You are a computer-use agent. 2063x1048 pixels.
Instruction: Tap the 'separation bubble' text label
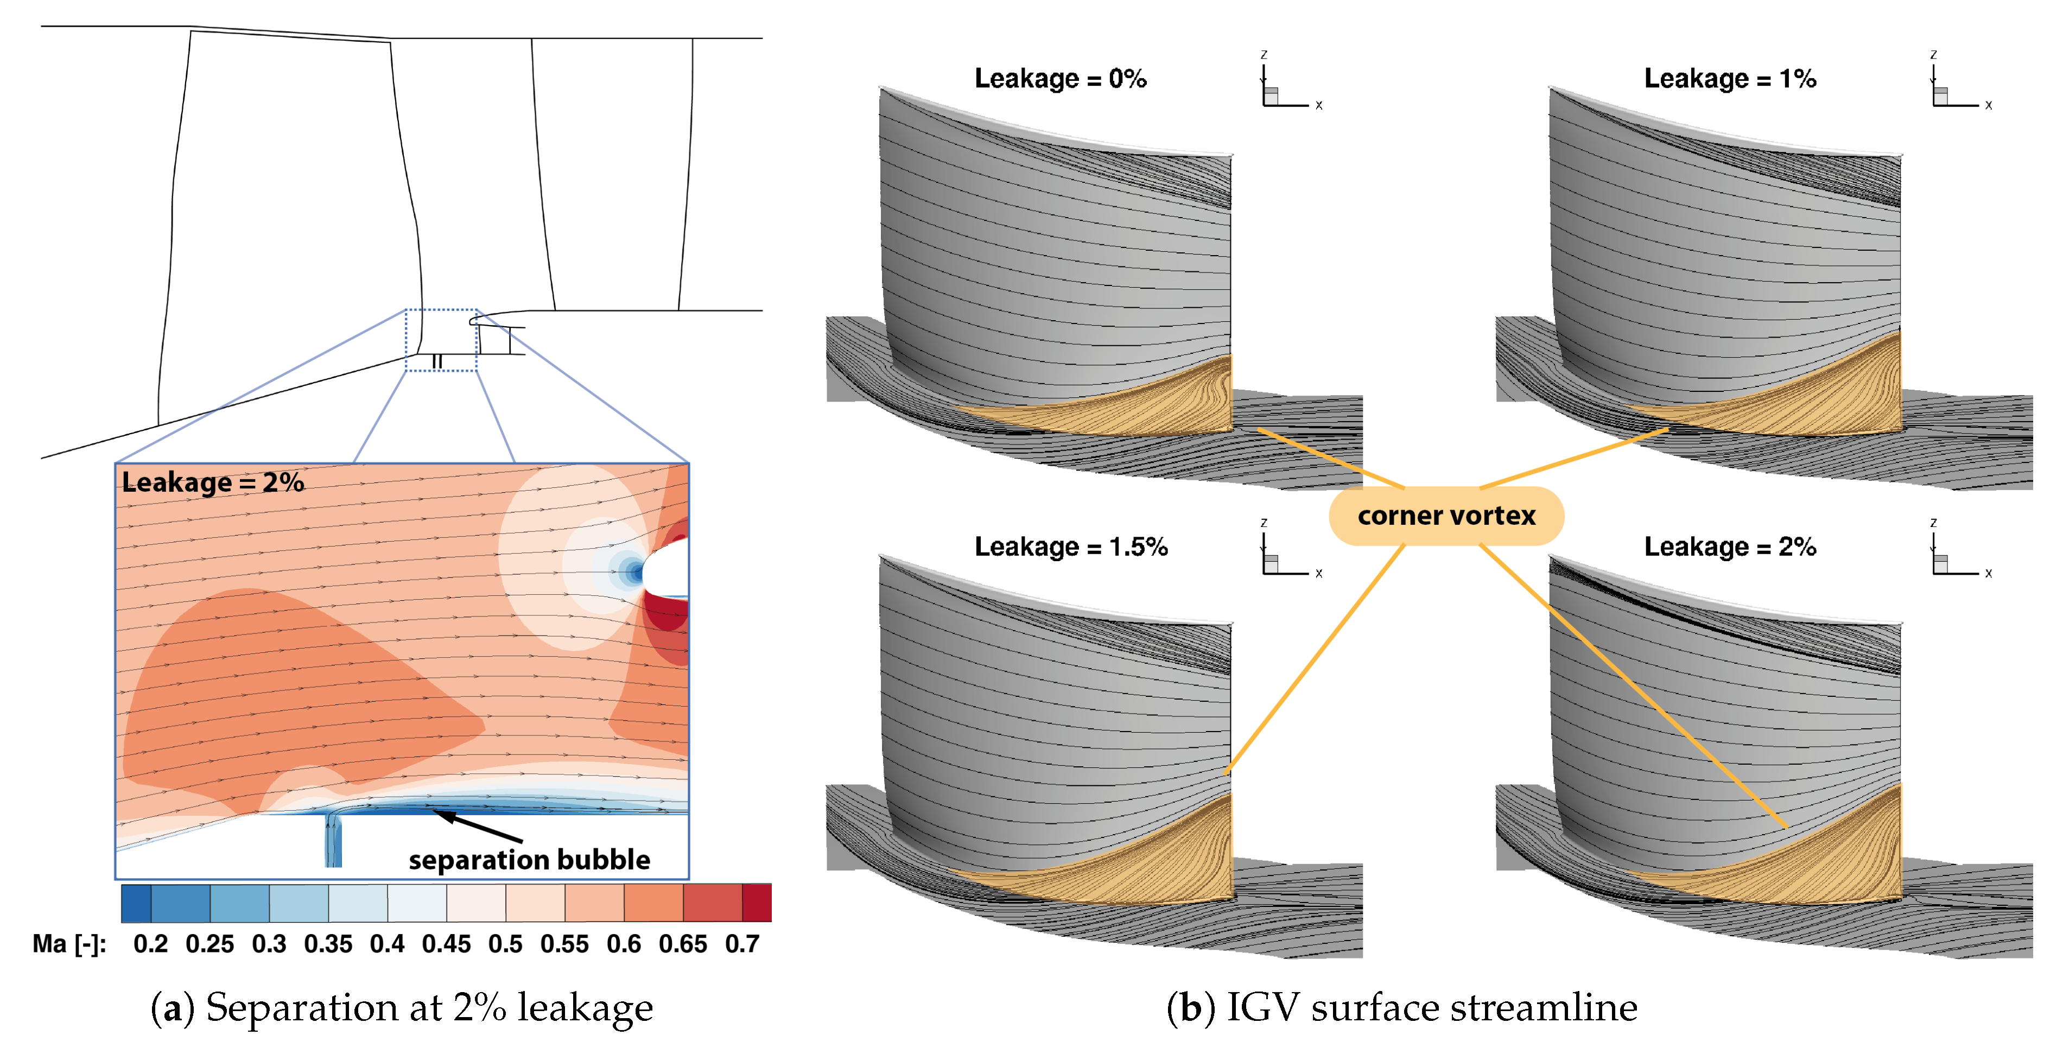[529, 860]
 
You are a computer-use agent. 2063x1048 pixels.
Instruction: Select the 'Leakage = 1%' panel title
[1730, 79]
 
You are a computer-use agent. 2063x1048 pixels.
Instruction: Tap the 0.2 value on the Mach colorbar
[150, 944]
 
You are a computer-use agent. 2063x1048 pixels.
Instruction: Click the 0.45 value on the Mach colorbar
[446, 944]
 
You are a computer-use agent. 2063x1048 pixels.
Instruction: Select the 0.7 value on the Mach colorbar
[741, 944]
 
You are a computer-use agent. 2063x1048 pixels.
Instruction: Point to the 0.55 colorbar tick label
[564, 944]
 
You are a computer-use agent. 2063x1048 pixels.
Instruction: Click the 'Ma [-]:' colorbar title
[69, 944]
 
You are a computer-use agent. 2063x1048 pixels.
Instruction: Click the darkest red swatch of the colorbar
[757, 903]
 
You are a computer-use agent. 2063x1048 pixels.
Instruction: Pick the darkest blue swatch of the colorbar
[136, 903]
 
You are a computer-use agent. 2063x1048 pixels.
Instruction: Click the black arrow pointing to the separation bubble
[479, 826]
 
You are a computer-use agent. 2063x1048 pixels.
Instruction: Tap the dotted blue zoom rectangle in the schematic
[441, 340]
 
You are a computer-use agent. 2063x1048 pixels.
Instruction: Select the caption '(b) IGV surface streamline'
[1401, 1007]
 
